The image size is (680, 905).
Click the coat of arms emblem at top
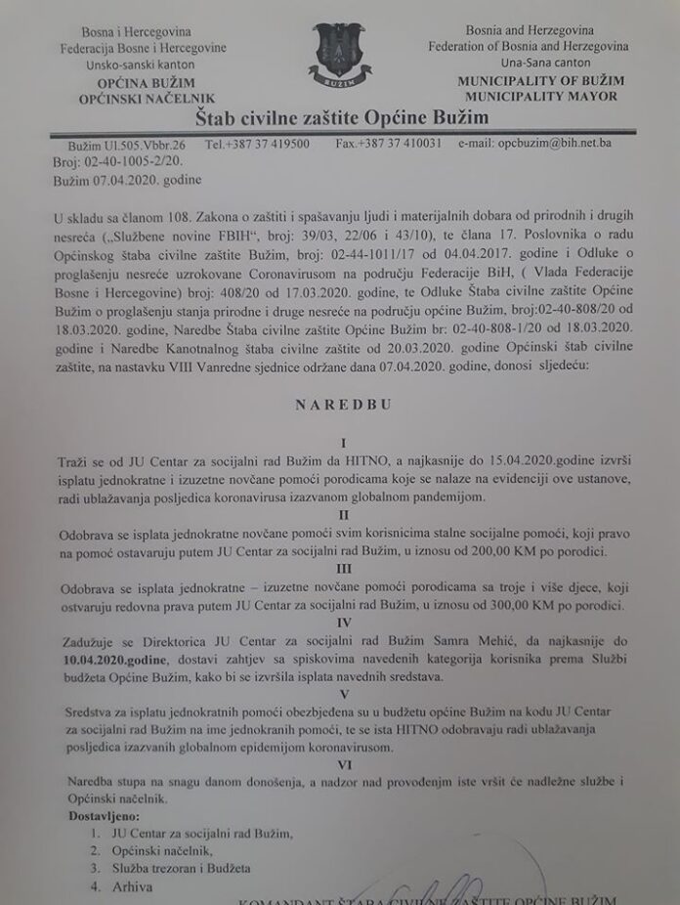(339, 51)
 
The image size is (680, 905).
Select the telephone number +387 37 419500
(258, 144)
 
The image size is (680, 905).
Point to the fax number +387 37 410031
(389, 143)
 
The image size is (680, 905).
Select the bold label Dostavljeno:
(105, 815)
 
